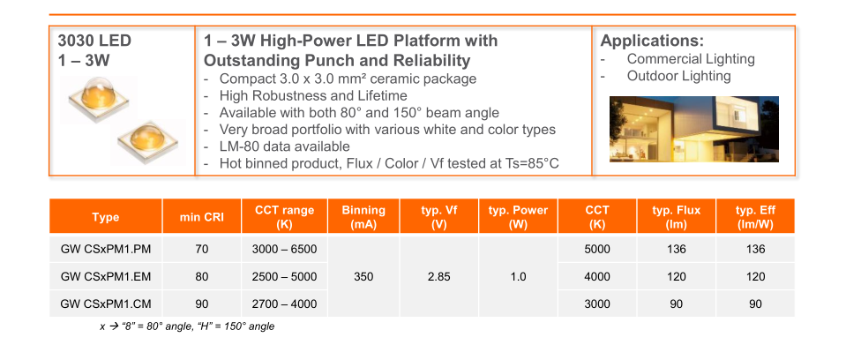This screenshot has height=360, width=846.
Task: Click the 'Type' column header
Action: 105,218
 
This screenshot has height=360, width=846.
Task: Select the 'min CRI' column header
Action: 202,218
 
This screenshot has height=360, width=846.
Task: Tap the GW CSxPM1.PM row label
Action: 105,250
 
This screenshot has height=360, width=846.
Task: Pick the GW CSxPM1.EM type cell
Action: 105,277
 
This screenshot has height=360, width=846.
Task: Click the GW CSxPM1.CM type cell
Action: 105,304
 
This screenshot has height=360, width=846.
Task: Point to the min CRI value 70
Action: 202,250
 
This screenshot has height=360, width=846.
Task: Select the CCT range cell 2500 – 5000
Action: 284,277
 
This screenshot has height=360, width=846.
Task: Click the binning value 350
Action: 363,277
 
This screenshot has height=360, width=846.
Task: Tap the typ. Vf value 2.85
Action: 438,277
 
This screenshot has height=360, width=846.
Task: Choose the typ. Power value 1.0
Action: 518,277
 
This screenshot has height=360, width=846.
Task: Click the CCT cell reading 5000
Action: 597,250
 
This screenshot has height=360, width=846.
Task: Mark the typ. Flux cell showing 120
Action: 676,277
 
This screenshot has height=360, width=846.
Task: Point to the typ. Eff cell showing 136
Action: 755,250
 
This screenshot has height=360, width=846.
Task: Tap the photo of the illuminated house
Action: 694,129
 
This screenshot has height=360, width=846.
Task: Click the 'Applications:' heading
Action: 652,41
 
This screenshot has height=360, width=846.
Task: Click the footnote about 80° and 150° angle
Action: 187,326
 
